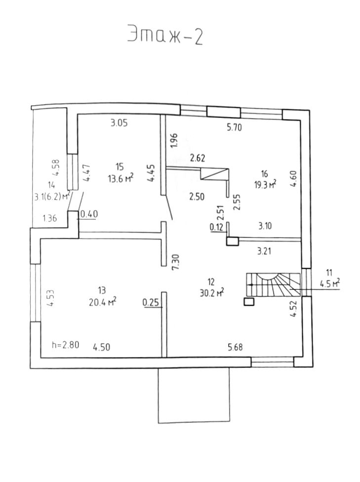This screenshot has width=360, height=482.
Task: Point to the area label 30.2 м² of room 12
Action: tap(213, 292)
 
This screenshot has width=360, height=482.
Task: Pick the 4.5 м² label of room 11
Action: tap(330, 283)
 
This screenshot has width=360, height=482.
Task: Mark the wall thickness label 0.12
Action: tap(216, 228)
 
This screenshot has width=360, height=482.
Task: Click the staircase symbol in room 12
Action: tap(273, 285)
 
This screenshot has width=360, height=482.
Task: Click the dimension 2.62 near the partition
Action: tap(198, 159)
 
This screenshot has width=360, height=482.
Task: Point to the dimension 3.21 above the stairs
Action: tap(266, 251)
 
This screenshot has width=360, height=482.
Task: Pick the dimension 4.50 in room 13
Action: tap(101, 347)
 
